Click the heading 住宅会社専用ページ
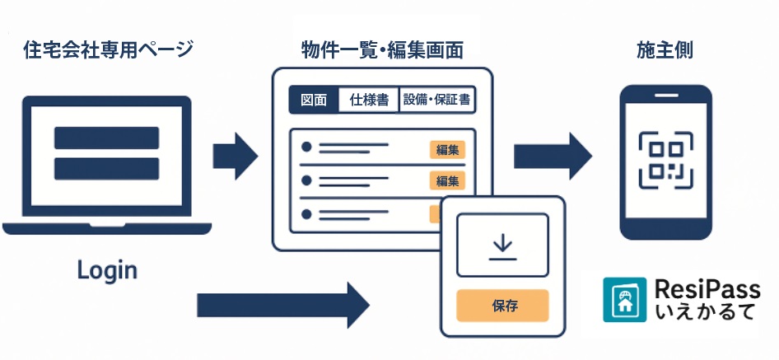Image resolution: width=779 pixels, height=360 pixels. click(x=108, y=50)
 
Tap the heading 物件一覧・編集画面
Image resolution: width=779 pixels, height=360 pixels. click(x=382, y=50)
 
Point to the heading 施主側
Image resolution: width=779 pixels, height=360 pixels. click(x=665, y=50)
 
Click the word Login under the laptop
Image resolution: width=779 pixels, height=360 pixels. click(x=107, y=269)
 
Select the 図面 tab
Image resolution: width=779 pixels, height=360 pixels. click(x=314, y=101)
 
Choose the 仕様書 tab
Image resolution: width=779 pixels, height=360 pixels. click(x=369, y=101)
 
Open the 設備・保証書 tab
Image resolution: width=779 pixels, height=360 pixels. click(x=436, y=101)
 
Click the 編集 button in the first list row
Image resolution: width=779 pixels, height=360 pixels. click(x=447, y=150)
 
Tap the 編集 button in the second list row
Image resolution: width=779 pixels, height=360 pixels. click(x=447, y=180)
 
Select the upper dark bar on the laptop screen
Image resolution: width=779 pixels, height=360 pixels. click(x=106, y=138)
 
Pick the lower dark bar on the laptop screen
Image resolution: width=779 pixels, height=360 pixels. click(x=106, y=168)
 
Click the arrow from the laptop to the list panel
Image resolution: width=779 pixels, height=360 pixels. click(x=236, y=155)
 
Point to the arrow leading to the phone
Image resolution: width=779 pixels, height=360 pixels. click(x=553, y=155)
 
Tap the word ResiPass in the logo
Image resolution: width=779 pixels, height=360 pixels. click(x=707, y=289)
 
